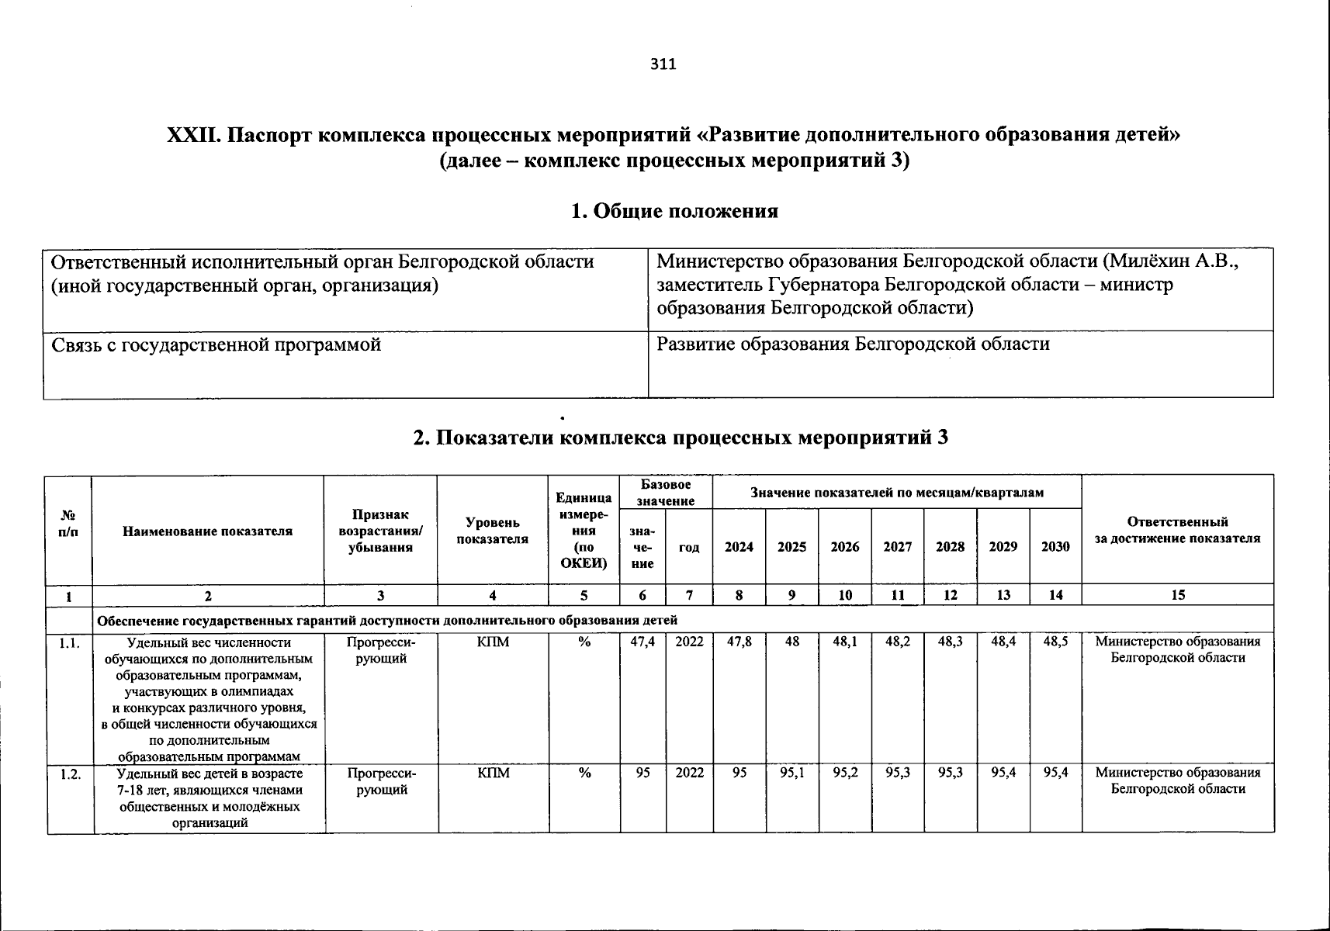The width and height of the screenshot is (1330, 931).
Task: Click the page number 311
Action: [x=663, y=64]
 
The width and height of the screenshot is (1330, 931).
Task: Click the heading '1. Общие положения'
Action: [x=674, y=211]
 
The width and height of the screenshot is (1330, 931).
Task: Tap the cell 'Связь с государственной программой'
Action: [x=216, y=344]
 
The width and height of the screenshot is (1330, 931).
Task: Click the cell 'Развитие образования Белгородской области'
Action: [x=853, y=344]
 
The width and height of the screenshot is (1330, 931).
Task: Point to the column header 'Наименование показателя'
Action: [x=207, y=531]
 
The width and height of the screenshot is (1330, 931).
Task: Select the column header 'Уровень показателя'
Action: [x=492, y=531]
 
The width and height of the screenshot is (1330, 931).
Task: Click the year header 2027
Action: [x=897, y=547]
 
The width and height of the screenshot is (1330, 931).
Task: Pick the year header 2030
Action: [x=1055, y=547]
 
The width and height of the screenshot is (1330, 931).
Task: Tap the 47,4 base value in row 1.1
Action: [x=642, y=642]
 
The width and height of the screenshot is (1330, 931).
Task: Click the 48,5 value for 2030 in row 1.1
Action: [x=1055, y=642]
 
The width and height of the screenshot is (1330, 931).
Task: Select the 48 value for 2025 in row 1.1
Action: [x=791, y=642]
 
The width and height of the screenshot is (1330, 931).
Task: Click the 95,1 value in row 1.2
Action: [x=791, y=774]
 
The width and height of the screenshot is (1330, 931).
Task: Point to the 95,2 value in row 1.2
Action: [x=845, y=774]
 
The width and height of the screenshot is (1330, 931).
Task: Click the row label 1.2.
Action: [x=70, y=774]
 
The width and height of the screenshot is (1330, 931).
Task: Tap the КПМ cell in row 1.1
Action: [x=493, y=642]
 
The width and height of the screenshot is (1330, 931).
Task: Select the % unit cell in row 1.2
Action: [x=584, y=774]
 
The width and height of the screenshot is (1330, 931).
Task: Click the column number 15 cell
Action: [x=1177, y=595]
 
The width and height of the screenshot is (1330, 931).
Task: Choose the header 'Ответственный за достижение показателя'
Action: [x=1177, y=531]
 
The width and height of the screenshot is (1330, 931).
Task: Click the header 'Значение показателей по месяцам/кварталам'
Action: [x=896, y=493]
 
